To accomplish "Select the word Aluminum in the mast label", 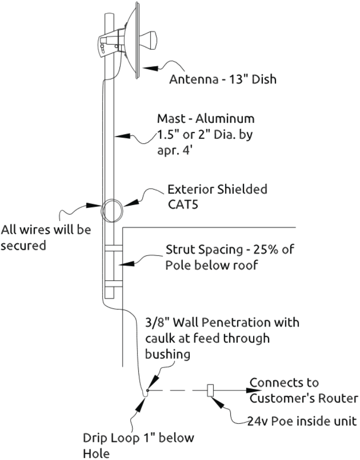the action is point(225,119).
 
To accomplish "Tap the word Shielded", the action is point(242,189).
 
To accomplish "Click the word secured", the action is point(24,245).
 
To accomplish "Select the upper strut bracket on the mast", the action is point(114,248).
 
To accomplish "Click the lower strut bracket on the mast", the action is point(114,283).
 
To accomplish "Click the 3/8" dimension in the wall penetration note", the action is point(157,323).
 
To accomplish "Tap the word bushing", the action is point(167,354).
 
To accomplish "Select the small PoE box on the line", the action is point(210,390).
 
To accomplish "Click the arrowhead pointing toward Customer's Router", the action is point(253,390).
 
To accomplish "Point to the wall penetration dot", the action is point(148,390).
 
